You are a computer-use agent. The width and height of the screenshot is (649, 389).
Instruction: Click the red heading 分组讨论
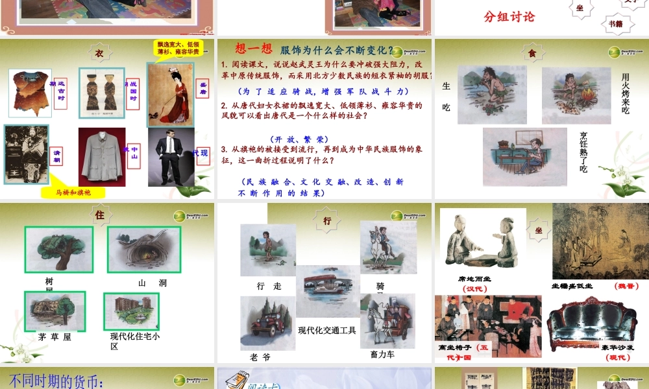tap(509, 17)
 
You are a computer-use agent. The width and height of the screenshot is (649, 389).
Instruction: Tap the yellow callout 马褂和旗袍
tap(72, 193)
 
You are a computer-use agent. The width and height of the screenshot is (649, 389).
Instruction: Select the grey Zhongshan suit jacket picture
tap(102, 156)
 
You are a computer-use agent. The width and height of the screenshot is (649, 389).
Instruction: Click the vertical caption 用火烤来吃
tap(625, 93)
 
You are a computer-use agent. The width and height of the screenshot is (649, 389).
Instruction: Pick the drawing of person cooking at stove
tap(524, 156)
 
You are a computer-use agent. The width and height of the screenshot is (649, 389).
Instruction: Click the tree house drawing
tap(59, 249)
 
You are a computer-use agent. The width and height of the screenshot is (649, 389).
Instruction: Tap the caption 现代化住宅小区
tap(135, 341)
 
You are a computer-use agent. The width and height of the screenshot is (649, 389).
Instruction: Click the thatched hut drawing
tap(55, 311)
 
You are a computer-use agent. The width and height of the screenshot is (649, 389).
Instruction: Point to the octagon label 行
tap(327, 221)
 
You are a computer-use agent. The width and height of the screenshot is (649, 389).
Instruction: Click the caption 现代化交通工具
tap(327, 330)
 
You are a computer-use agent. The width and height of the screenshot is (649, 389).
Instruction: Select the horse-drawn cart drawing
tap(387, 320)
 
